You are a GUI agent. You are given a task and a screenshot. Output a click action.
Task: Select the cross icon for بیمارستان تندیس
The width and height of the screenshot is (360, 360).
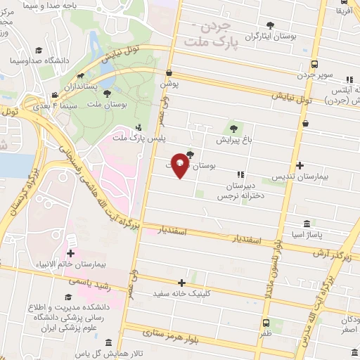[x=300, y=166]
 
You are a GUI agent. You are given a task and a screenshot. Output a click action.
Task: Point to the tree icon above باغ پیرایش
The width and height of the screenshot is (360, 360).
[x=233, y=128]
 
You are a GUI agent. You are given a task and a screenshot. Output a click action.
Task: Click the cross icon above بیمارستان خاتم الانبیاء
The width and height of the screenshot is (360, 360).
[x=70, y=253]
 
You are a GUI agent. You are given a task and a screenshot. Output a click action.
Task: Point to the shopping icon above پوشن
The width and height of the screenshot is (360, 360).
[x=169, y=72]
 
